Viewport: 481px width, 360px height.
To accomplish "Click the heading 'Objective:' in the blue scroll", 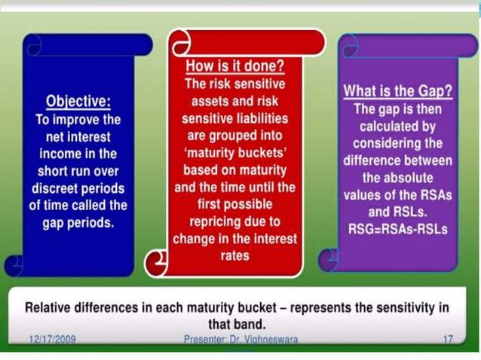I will tap(78, 102).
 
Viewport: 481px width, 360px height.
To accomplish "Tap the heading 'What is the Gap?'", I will tap(397, 92).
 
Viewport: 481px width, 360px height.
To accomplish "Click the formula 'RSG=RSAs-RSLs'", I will tap(397, 228).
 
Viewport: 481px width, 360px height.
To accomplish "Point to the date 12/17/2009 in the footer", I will tap(52, 340).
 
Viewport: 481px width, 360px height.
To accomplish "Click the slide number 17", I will tap(448, 340).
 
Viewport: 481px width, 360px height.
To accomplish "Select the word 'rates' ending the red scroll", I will tap(235, 256).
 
